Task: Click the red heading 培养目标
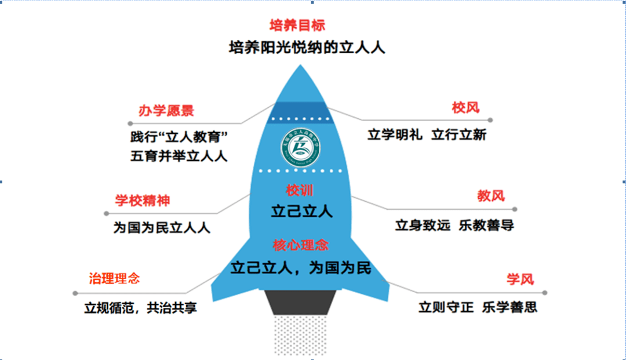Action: pos(297,26)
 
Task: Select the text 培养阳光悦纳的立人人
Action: pos(307,47)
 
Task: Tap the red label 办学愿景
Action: pos(166,111)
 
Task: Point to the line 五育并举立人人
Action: pos(179,156)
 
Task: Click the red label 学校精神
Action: pos(143,201)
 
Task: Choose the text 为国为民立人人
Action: pos(162,228)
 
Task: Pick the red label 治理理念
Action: pos(114,279)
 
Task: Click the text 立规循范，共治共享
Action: pos(140,308)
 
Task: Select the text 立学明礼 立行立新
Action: pos(427,134)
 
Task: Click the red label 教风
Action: pos(491,196)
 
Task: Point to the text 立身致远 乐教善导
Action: pos(454,225)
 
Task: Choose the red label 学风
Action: pos(519,279)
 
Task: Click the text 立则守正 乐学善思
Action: pos(478,307)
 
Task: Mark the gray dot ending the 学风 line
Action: pos(544,293)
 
